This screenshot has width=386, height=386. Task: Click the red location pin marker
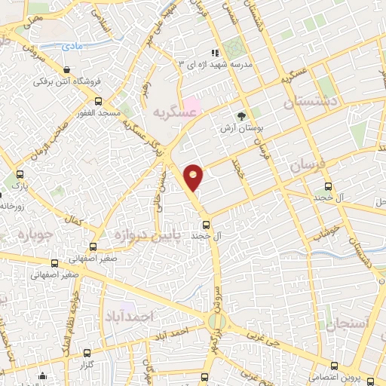[x=194, y=176]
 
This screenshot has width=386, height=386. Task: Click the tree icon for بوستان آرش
[x=241, y=117]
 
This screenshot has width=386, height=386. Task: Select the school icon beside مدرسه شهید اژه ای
[x=216, y=53]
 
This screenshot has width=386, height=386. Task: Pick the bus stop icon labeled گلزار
[x=88, y=353]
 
